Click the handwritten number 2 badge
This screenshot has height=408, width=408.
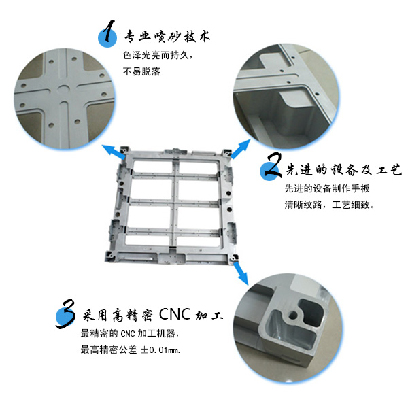pos(271,167)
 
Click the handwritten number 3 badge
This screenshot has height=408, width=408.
pos(66,313)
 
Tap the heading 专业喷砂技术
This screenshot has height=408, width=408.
pos(167,37)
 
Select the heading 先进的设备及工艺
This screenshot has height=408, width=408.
pos(343,170)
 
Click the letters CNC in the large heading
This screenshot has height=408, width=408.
pos(175,314)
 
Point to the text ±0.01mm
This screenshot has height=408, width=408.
pos(160,350)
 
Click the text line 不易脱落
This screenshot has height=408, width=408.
pos(141,71)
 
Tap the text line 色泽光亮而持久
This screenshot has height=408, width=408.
pos(158,55)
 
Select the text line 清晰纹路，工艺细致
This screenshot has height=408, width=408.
pos(329,205)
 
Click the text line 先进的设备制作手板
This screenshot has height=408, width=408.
pos(327,188)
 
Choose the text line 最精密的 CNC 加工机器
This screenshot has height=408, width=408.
pos(130,333)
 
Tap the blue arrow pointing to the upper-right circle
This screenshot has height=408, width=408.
pos(241,149)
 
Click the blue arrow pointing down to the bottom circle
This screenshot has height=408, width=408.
pos(241,273)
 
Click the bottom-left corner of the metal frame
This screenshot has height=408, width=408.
pos(106,260)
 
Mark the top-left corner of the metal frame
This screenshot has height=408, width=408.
pos(121,148)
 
